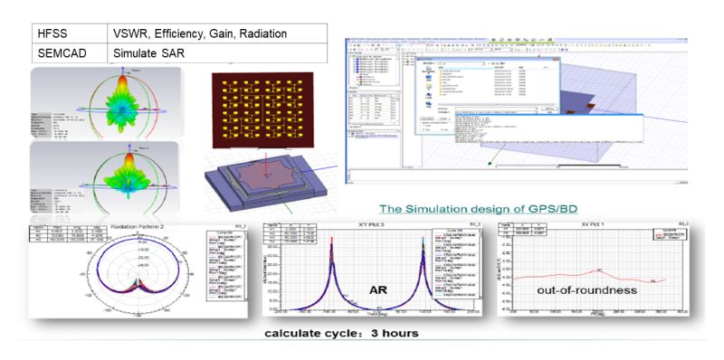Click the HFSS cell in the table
click(54, 33)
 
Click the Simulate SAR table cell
click(147, 53)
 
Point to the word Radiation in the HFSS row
click(261, 33)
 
